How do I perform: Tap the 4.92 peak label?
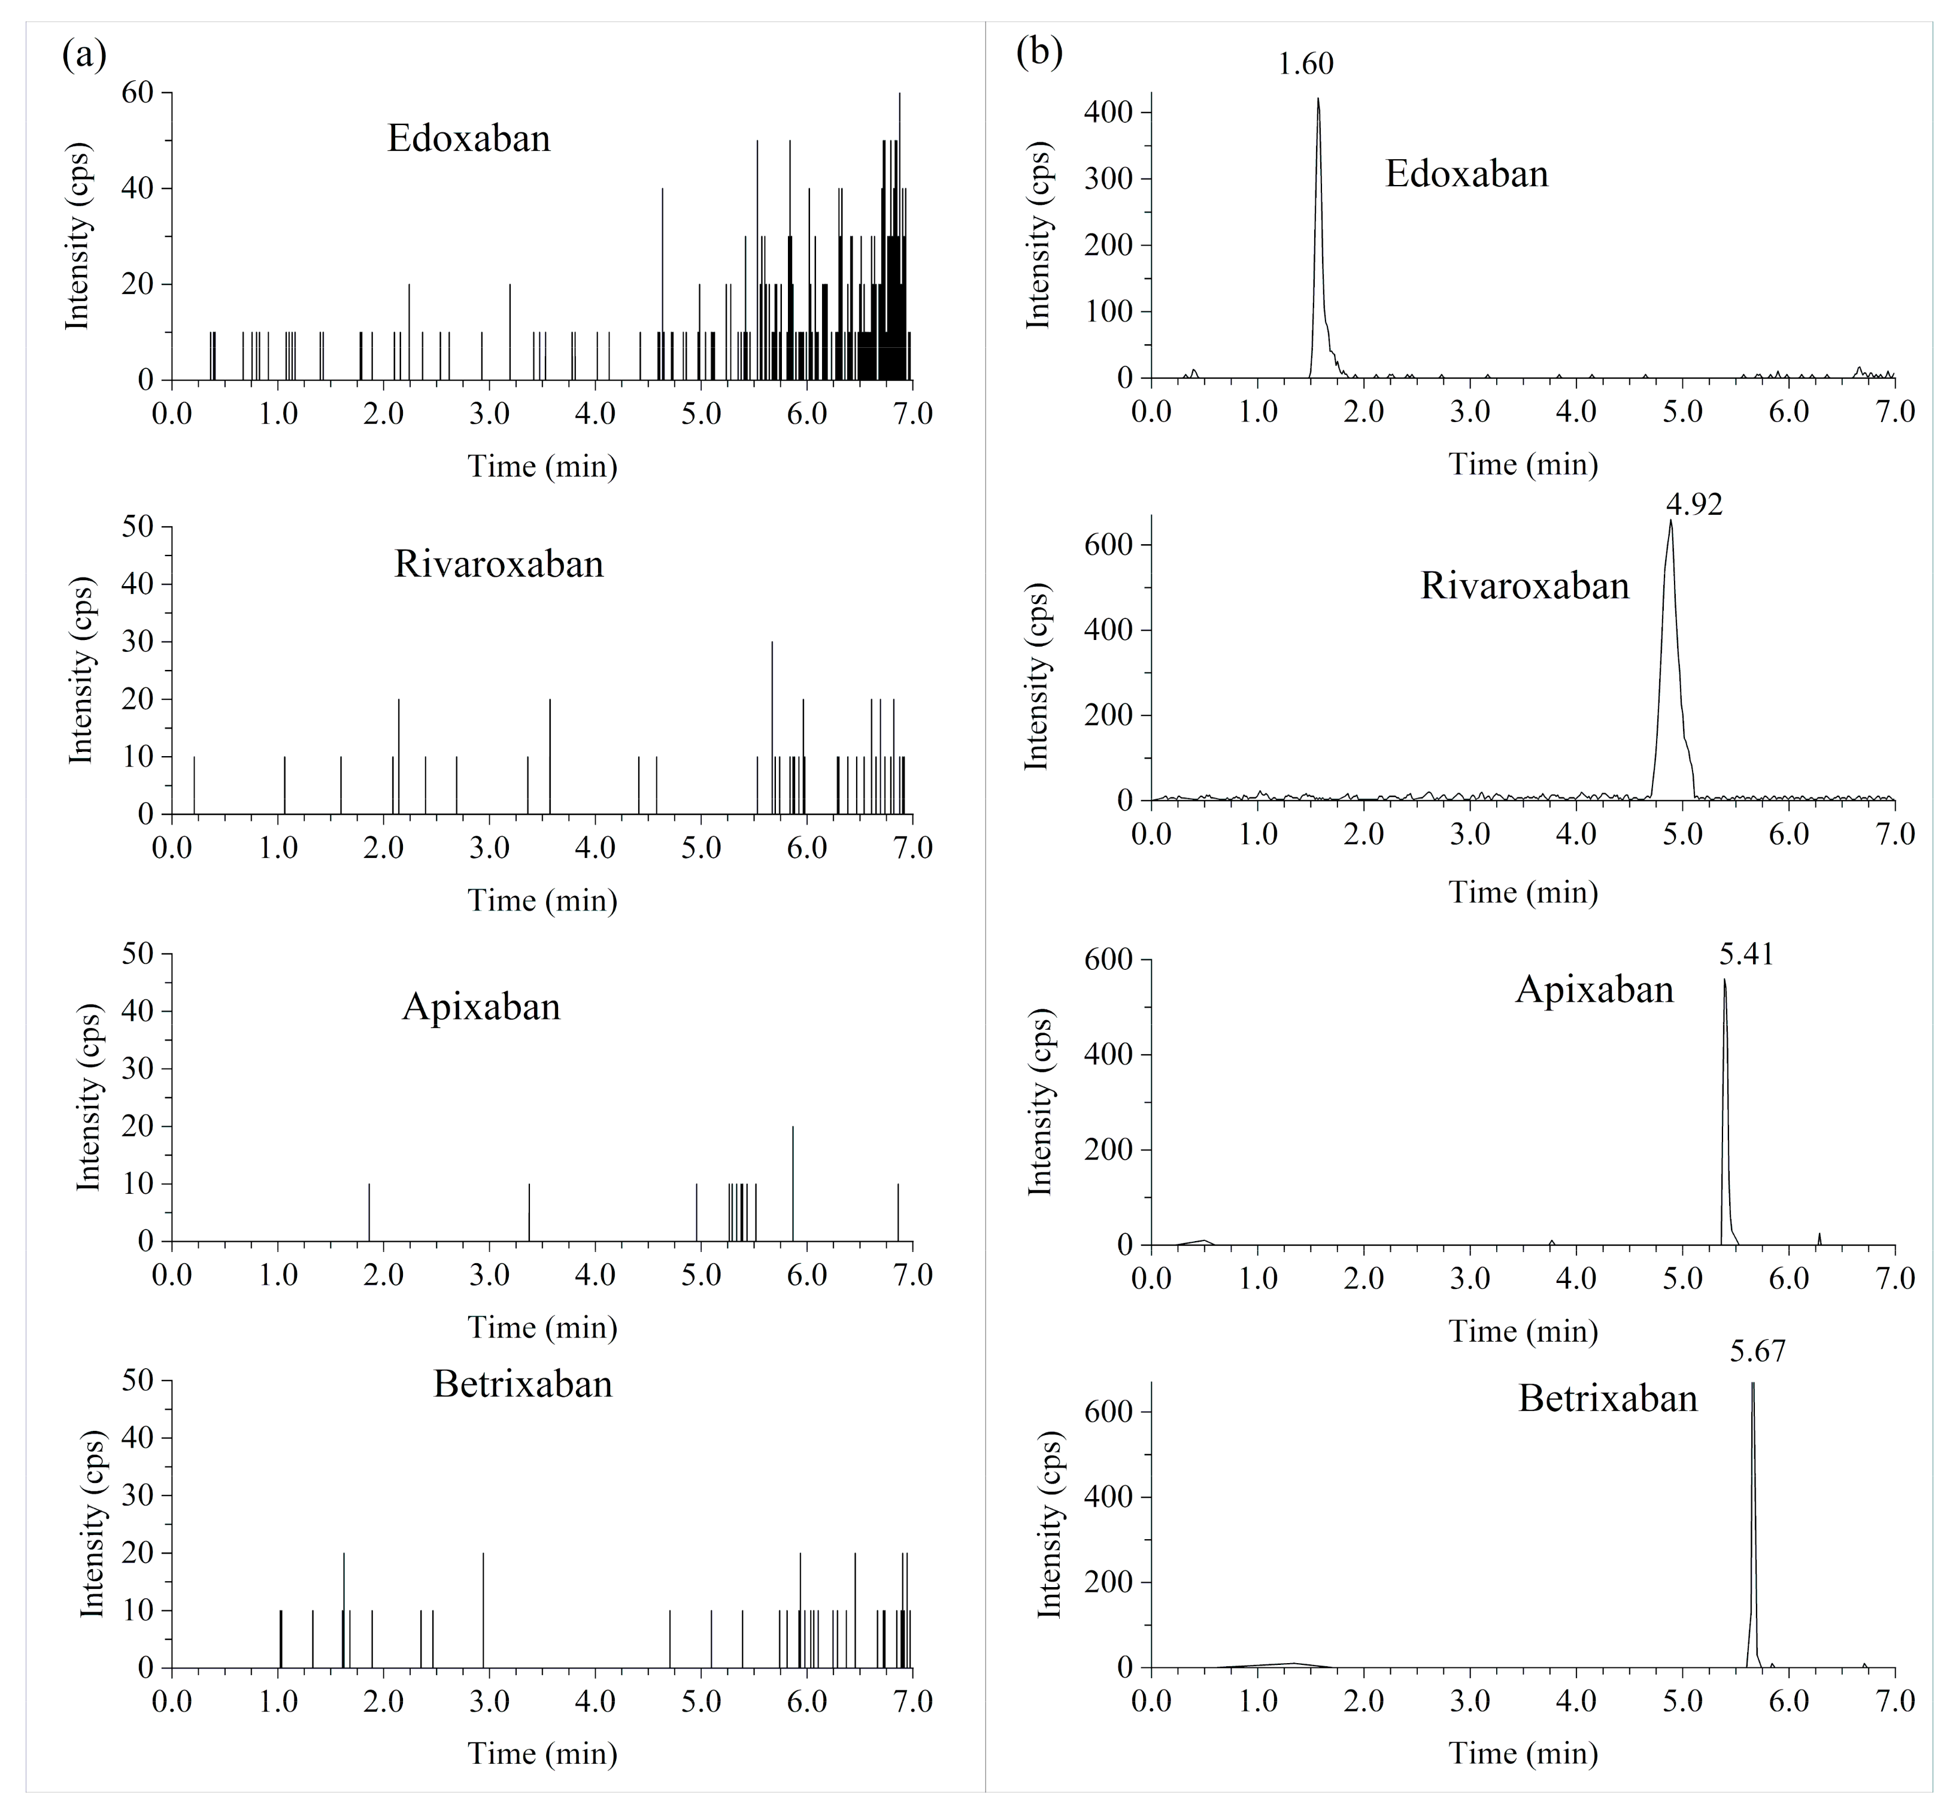click(x=1694, y=505)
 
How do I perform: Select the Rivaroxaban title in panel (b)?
click(x=1524, y=586)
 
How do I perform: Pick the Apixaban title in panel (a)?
click(x=481, y=1007)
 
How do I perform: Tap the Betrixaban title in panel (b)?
click(x=1608, y=1398)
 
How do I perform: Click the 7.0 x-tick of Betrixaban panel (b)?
click(x=1894, y=1701)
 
